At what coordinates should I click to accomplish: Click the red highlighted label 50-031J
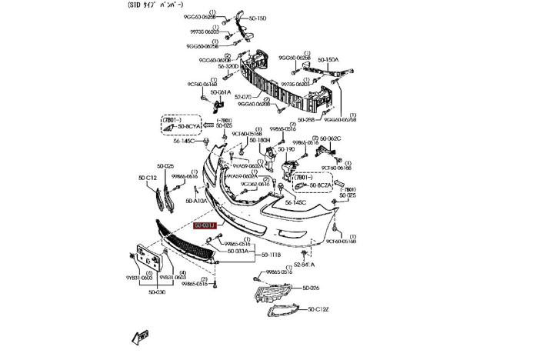(x=205, y=226)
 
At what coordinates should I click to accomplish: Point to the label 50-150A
(x=328, y=59)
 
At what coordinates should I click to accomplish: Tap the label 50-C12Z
(x=318, y=309)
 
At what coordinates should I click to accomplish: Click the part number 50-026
(x=310, y=288)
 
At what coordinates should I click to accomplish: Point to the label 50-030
(x=156, y=292)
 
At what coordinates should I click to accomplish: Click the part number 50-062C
(x=329, y=138)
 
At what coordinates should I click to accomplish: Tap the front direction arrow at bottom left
(x=140, y=336)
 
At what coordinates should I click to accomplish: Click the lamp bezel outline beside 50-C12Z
(x=285, y=311)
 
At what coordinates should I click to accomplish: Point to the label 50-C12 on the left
(x=147, y=178)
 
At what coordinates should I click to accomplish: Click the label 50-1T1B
(x=271, y=255)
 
